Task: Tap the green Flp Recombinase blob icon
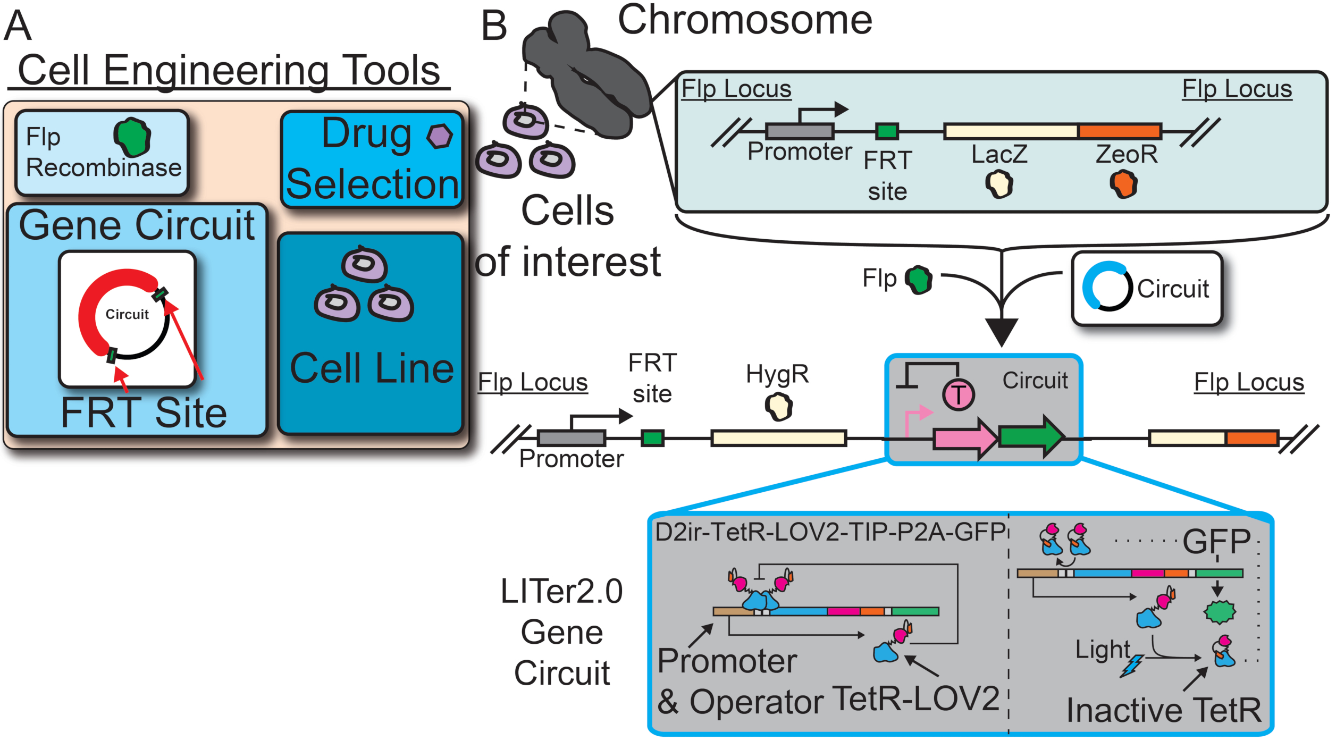(x=132, y=136)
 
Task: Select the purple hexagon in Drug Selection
(x=440, y=136)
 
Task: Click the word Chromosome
(x=744, y=20)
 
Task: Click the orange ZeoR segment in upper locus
(x=1120, y=131)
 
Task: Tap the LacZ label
(x=999, y=154)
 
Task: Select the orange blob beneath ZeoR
(x=1123, y=184)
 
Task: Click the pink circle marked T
(x=958, y=395)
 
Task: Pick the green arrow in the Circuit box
(x=1030, y=436)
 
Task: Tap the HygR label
(x=777, y=374)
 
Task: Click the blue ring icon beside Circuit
(x=1107, y=285)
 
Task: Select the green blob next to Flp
(x=919, y=280)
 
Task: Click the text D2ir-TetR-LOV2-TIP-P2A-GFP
(x=830, y=532)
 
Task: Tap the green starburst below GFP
(x=1220, y=612)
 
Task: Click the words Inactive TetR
(x=1164, y=710)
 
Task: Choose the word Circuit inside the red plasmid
(x=127, y=314)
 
